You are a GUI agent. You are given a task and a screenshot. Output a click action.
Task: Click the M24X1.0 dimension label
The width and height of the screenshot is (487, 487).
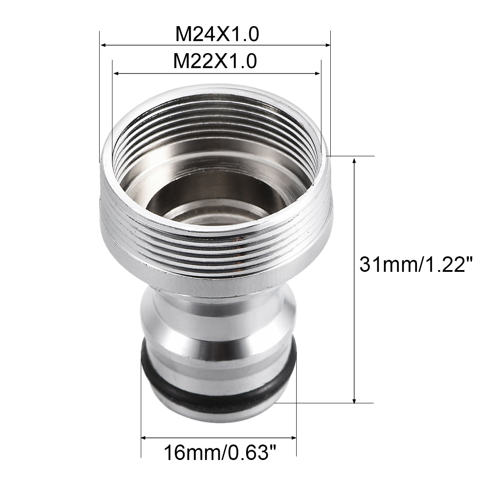click(x=215, y=34)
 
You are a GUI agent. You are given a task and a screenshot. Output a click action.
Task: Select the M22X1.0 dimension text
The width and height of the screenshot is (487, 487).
click(x=215, y=61)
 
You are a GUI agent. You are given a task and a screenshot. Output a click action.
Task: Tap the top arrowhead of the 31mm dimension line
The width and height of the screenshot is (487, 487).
click(x=354, y=160)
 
